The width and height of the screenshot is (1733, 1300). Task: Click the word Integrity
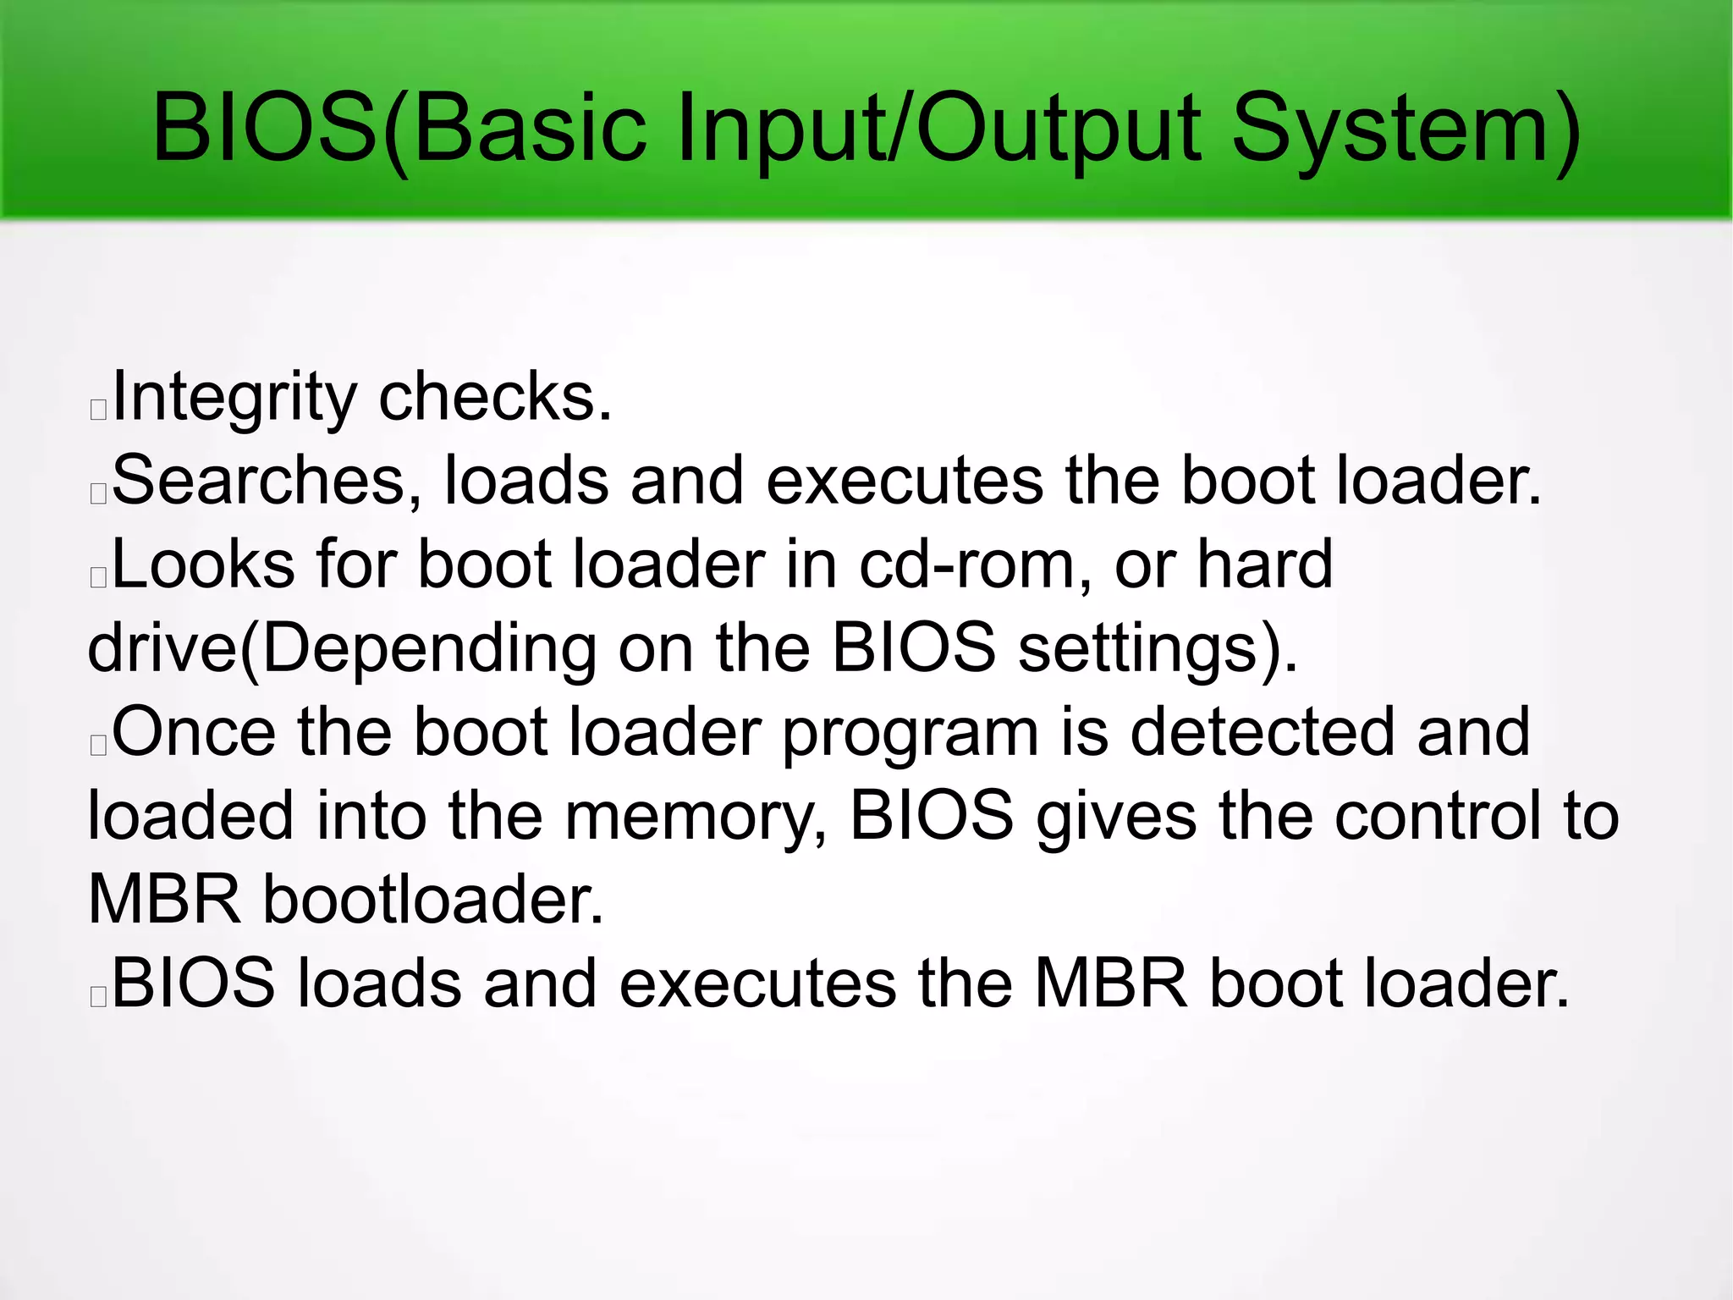(235, 398)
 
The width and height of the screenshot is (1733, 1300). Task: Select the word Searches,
(267, 481)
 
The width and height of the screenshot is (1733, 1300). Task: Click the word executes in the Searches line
(905, 481)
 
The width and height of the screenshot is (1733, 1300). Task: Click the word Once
(194, 731)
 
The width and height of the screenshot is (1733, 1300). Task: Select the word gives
(1116, 816)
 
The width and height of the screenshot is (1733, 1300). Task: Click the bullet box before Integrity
(98, 410)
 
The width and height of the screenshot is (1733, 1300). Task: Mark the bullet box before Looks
(98, 577)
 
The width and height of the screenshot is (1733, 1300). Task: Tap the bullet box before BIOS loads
(98, 997)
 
